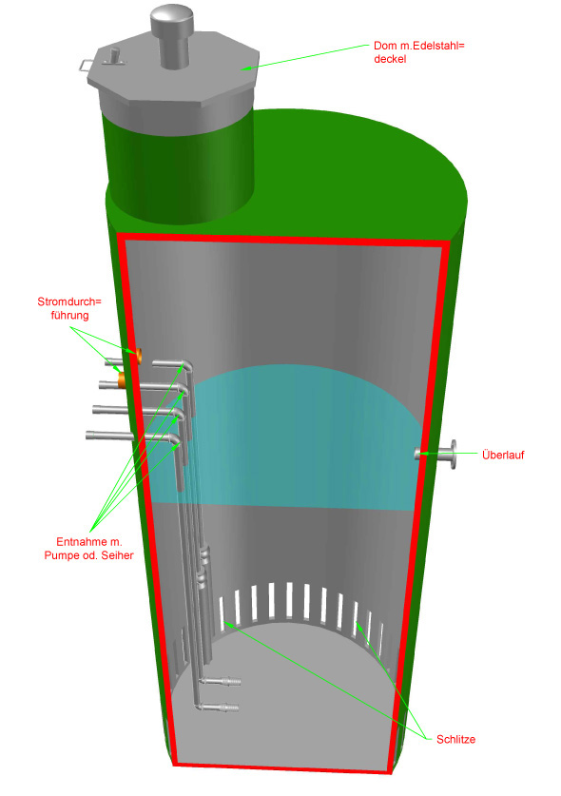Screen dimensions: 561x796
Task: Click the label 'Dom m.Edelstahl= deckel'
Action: point(418,52)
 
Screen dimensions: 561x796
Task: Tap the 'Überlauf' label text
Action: point(503,455)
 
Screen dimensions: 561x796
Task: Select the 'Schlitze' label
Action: point(455,739)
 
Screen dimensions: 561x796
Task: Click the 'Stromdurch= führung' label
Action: point(69,308)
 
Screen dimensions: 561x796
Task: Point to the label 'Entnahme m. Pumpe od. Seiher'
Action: point(88,549)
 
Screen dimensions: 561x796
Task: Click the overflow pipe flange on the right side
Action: point(452,455)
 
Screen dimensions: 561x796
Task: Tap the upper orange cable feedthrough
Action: point(138,355)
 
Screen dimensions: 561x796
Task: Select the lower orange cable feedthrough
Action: point(122,379)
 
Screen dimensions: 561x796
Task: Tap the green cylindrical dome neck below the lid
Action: point(181,167)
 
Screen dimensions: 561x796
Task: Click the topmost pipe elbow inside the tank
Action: point(186,365)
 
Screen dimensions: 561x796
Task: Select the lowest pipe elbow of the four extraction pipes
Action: point(175,440)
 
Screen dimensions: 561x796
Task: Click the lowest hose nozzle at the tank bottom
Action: point(222,707)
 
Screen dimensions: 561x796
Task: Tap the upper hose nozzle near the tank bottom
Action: point(223,680)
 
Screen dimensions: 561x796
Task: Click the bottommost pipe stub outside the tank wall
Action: point(109,436)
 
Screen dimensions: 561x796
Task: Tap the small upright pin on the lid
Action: point(114,54)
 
